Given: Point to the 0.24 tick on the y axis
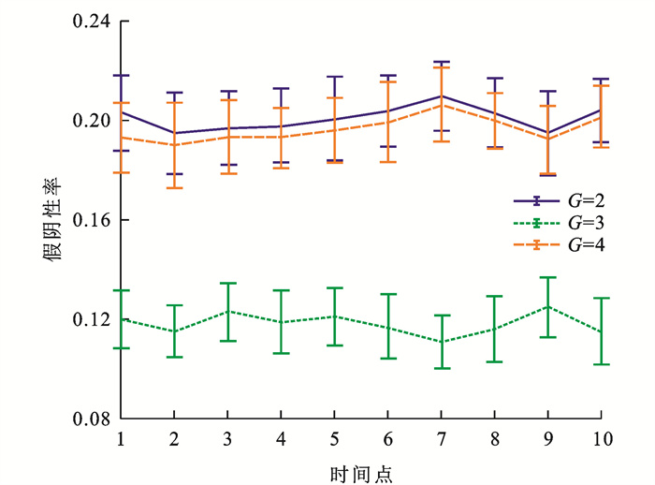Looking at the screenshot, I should (90, 22).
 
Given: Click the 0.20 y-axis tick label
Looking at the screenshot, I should (90, 121).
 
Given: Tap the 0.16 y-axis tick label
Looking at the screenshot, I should (90, 220).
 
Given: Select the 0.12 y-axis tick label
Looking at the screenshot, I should (90, 319).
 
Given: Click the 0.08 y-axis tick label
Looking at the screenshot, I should (90, 419).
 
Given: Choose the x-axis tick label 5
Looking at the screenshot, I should (335, 438).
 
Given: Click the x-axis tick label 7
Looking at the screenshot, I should (442, 438).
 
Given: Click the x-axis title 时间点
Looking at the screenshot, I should (361, 471).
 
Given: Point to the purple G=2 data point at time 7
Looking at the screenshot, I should (442, 96).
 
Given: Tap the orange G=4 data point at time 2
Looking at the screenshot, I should (174, 145).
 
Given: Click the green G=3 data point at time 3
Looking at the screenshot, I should (227, 311).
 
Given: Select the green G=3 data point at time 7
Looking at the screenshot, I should (442, 342).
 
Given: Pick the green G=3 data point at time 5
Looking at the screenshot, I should (335, 316).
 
